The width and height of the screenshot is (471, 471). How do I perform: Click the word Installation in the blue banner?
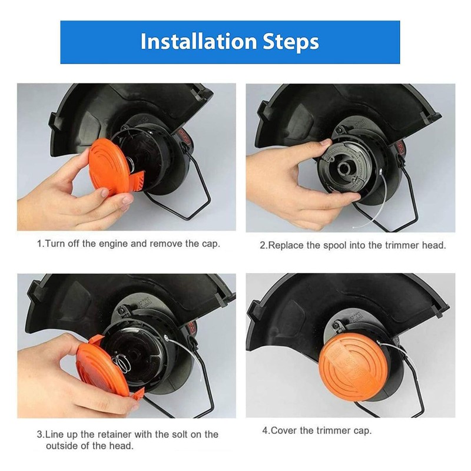tap(198, 41)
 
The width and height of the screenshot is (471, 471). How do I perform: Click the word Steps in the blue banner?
tap(291, 42)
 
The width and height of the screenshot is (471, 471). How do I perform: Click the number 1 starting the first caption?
tap(39, 244)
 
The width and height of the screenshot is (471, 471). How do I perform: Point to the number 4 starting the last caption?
tap(264, 430)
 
